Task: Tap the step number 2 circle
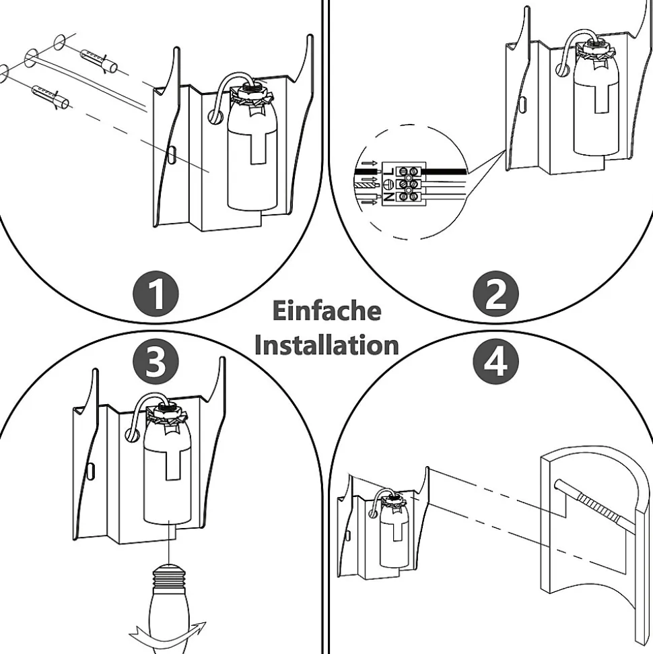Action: pyautogui.click(x=497, y=294)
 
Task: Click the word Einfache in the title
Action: pyautogui.click(x=326, y=311)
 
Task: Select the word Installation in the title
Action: pyautogui.click(x=326, y=345)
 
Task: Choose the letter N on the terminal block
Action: pyautogui.click(x=389, y=197)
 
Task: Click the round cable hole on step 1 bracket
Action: pyautogui.click(x=215, y=116)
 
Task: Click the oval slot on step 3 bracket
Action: pyautogui.click(x=91, y=469)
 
